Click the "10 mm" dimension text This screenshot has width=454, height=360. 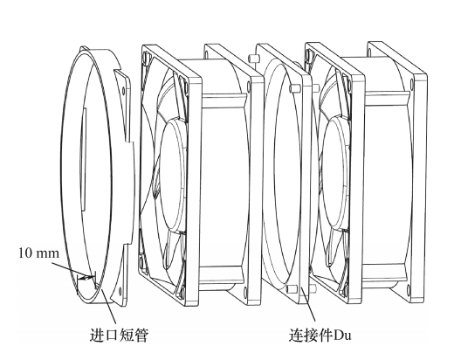click(38, 253)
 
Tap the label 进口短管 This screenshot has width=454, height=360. click(119, 335)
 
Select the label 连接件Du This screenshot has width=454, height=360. click(320, 335)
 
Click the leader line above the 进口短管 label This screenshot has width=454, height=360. click(109, 307)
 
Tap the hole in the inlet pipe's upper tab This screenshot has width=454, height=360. click(123, 91)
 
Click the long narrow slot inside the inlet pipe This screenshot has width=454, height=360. click(83, 159)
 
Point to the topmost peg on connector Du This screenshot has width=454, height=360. click(252, 59)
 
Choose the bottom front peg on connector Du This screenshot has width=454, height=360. click(292, 289)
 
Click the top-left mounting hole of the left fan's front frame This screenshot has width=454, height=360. click(146, 57)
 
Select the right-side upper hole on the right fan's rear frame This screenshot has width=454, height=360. click(412, 84)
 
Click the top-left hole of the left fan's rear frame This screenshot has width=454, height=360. click(207, 53)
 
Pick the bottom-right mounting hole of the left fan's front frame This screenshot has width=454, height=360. click(182, 291)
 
